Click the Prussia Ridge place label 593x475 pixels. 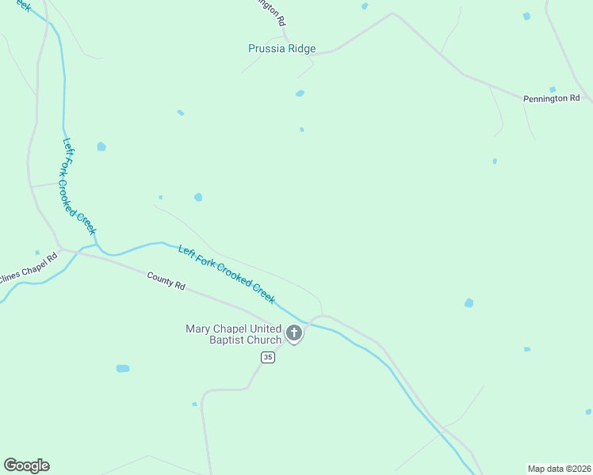click(x=281, y=49)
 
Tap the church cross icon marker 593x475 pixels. click(x=294, y=333)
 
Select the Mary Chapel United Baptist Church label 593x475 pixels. click(x=233, y=334)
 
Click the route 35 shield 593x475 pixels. click(x=268, y=358)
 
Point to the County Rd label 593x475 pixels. click(x=166, y=280)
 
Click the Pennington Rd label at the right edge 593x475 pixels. click(x=551, y=99)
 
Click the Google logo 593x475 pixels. click(x=26, y=465)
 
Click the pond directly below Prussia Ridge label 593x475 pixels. click(x=300, y=93)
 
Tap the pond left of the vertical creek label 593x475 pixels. click(x=101, y=146)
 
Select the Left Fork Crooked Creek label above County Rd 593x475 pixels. click(x=227, y=274)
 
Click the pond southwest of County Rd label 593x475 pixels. click(x=122, y=368)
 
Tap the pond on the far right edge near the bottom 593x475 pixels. click(x=587, y=412)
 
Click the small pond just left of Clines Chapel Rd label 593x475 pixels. click(x=37, y=253)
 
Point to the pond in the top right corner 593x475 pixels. click(x=526, y=16)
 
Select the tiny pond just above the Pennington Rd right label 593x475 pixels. click(x=552, y=89)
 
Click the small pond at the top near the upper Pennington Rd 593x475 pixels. click(x=365, y=6)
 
